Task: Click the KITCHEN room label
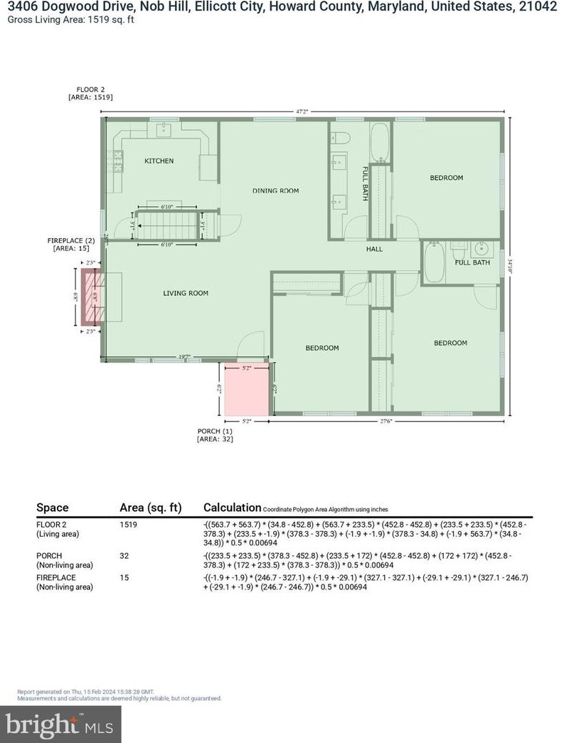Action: click(x=159, y=161)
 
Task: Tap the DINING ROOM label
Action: click(x=275, y=191)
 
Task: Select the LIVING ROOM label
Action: click(x=185, y=293)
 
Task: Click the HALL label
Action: click(x=374, y=250)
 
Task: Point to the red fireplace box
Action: click(x=91, y=296)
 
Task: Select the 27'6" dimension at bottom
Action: click(x=385, y=422)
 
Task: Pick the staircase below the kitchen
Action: click(x=168, y=226)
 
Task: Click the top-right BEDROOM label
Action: click(x=446, y=178)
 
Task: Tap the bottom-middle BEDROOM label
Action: click(x=322, y=348)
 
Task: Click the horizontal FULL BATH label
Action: click(x=472, y=263)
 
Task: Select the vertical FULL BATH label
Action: click(x=365, y=183)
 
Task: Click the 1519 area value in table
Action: click(x=128, y=525)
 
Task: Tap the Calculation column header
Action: click(x=232, y=508)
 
